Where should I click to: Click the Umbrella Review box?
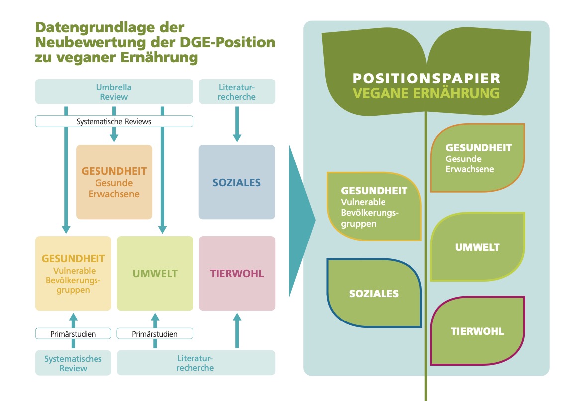114,92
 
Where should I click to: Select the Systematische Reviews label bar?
114,122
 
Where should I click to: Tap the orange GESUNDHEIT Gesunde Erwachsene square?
114,182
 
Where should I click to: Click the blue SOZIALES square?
237,182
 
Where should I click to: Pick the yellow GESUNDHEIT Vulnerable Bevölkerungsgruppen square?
73,273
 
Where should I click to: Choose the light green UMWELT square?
155,273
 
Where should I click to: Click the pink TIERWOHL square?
237,273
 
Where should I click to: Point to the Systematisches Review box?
73,363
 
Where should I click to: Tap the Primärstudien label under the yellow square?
73,334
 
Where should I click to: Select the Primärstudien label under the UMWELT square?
155,334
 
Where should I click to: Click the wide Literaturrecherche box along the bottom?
196,363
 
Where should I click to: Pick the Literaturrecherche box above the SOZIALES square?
237,92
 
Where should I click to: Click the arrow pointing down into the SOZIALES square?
237,124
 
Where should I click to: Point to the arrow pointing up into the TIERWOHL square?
237,330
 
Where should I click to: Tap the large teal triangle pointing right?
301,221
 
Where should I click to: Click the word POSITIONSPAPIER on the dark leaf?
426,79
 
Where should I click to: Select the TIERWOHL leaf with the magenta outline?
478,330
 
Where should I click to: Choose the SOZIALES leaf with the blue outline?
374,293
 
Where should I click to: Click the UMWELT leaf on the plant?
478,247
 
